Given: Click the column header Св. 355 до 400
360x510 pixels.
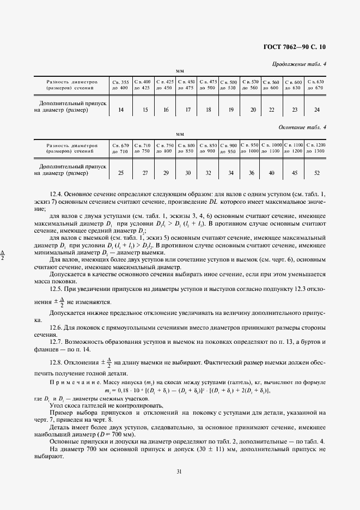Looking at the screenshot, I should pos(120,84).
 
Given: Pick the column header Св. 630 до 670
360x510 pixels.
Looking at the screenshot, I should pos(315,84).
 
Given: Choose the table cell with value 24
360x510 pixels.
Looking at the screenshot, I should pos(316,110).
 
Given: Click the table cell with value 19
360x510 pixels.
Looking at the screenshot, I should pos(230,110).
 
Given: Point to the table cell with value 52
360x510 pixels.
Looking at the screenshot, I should pos(316,173).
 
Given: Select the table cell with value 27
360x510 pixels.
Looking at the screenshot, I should pos(145,173).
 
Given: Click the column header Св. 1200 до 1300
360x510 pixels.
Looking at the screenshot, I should pos(316,148).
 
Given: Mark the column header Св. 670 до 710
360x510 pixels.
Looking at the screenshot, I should pos(120,148).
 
